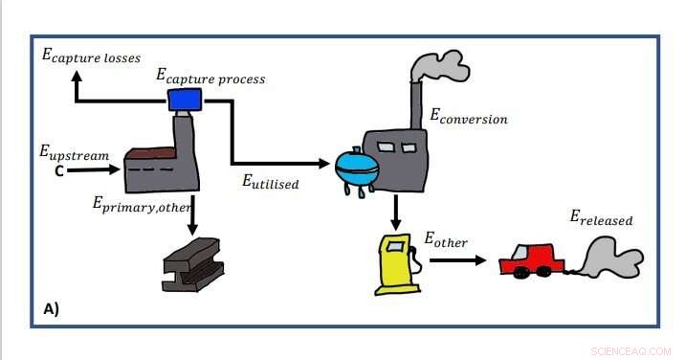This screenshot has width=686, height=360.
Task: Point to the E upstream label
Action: click(x=74, y=153)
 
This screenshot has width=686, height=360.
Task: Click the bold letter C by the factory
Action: click(x=58, y=172)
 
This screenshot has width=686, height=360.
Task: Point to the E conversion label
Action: click(x=468, y=118)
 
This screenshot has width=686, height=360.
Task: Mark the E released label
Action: click(x=601, y=219)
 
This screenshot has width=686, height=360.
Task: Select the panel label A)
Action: click(x=53, y=308)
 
